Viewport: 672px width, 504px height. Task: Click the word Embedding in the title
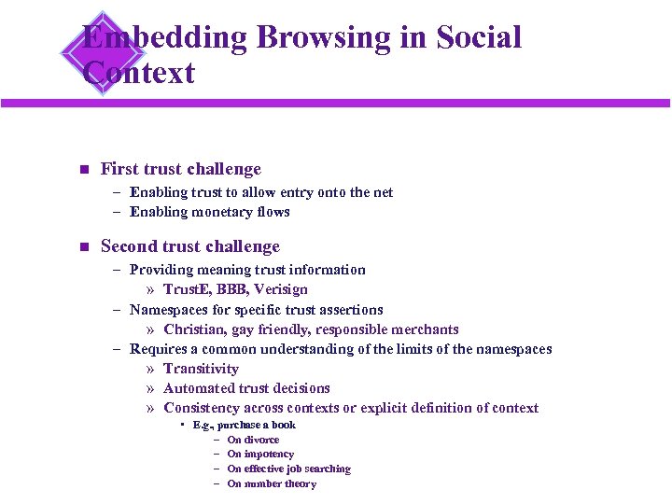tap(164, 37)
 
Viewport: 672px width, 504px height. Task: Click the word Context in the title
tap(138, 73)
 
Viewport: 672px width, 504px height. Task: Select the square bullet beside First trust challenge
tap(81, 170)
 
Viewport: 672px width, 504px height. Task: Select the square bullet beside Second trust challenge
tap(81, 247)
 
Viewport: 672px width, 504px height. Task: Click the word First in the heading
tap(119, 169)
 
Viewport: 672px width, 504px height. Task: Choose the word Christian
tap(192, 329)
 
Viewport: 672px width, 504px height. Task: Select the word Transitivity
tap(201, 369)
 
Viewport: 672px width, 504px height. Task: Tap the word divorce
tap(260, 440)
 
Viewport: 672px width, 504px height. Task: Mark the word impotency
tap(268, 455)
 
